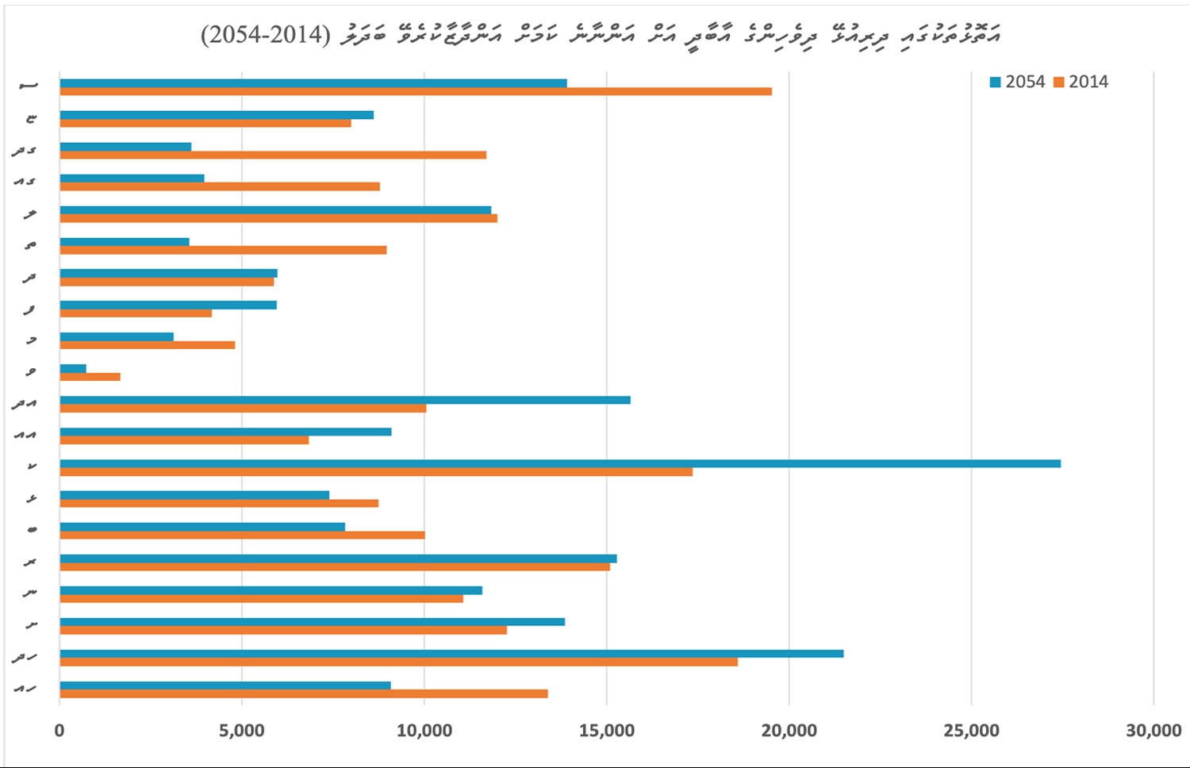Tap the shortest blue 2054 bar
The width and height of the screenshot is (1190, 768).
point(73,368)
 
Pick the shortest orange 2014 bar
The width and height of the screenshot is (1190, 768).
point(90,377)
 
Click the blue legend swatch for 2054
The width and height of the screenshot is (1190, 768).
point(996,82)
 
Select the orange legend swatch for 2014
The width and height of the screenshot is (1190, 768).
point(1058,82)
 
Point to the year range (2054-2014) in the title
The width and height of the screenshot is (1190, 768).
point(266,35)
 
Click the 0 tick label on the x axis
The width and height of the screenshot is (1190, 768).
point(59,730)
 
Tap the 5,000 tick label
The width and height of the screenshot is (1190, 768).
point(242,730)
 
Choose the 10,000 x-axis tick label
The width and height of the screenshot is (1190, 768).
point(424,730)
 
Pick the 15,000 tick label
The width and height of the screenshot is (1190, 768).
point(607,730)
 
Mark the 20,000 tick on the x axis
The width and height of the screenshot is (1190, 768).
point(789,730)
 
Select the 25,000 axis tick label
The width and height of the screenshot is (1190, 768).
point(972,730)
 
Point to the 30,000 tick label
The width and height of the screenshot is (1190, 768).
point(1154,730)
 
